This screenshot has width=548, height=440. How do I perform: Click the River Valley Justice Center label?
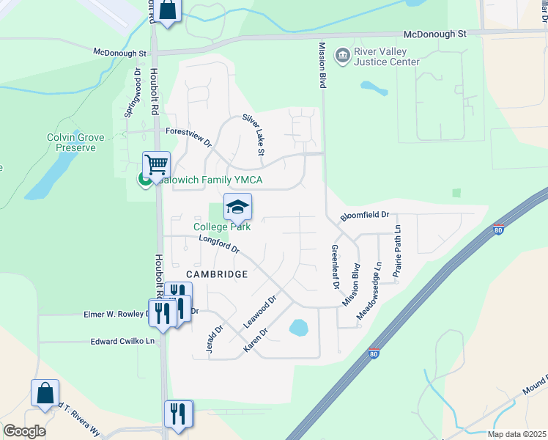(387, 57)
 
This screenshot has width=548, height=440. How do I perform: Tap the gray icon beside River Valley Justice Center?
(341, 56)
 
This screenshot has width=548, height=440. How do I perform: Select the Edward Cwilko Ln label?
(123, 341)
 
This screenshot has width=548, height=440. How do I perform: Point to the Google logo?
(24, 431)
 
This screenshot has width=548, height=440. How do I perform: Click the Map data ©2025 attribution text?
(516, 434)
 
